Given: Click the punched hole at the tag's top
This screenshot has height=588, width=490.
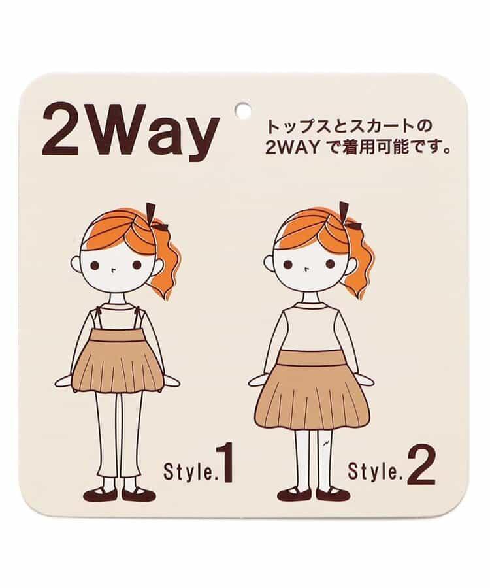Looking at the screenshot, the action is (242, 108).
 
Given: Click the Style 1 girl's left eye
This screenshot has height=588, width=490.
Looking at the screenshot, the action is (95, 265).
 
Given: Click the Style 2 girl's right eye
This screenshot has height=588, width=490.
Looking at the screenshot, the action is (330, 265).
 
